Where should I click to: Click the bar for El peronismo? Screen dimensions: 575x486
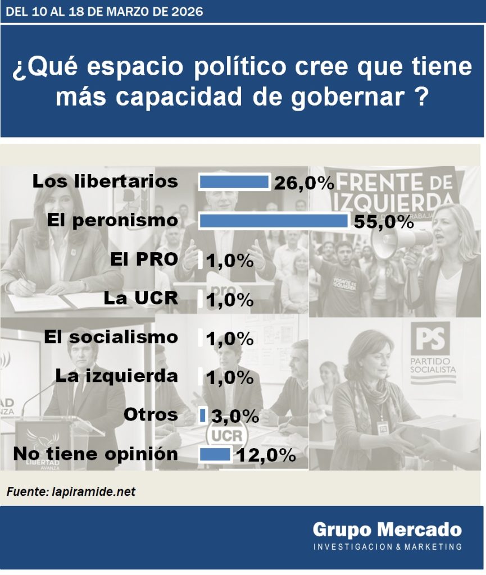[x=274, y=221]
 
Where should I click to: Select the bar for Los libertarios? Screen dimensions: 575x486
[x=234, y=182]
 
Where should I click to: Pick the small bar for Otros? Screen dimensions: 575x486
[x=203, y=415]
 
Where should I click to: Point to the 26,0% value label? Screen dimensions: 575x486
[x=304, y=183]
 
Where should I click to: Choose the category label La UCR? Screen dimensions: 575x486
[x=140, y=298]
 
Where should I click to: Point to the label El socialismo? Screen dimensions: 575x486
[x=111, y=337]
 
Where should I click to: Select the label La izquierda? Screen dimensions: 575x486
[x=116, y=376]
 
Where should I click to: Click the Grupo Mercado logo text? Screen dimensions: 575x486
[x=387, y=529]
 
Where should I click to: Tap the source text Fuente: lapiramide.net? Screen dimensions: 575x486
[x=71, y=492]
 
